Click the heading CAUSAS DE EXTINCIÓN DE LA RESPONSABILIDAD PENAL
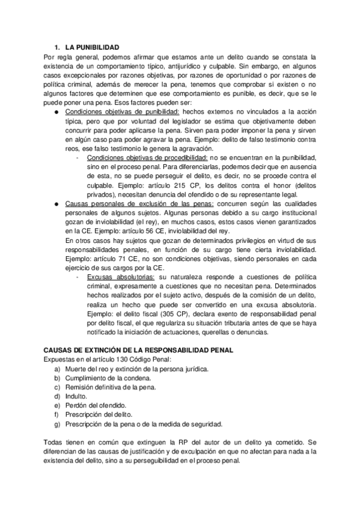tap(144, 350)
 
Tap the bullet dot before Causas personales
tap(55, 204)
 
